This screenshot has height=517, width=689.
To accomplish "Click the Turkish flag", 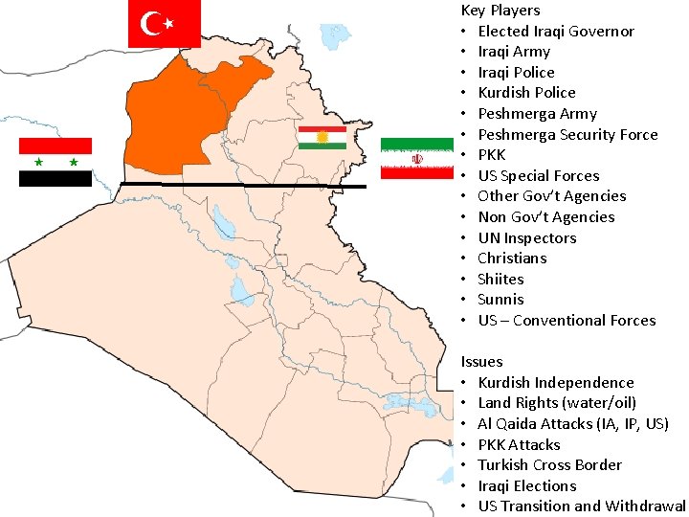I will point(164,23).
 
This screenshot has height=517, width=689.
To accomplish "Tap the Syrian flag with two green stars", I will point(56,162).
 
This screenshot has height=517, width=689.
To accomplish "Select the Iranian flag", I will point(416,158).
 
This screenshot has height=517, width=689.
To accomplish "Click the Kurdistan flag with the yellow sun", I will point(322,138).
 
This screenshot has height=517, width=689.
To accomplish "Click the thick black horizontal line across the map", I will point(244,185).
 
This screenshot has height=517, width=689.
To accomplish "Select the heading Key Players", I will point(500,11).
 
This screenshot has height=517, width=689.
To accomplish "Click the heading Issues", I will point(481,361).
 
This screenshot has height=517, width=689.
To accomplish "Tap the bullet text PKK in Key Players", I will point(492,155).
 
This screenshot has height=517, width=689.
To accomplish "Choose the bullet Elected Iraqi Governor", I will point(556,31).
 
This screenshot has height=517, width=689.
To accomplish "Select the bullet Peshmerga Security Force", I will point(567,134).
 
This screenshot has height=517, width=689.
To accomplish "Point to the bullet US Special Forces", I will point(539,176).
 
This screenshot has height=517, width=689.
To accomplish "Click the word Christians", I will point(512,258).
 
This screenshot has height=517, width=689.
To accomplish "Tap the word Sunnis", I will point(500,300).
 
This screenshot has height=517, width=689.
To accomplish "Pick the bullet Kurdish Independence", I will point(556,382).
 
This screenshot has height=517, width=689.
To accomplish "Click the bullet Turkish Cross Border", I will point(550,465).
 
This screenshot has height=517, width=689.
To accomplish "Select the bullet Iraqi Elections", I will point(527,485).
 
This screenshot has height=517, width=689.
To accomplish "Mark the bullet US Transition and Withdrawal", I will point(582,506).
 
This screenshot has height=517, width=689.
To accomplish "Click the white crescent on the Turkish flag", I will point(150,23).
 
